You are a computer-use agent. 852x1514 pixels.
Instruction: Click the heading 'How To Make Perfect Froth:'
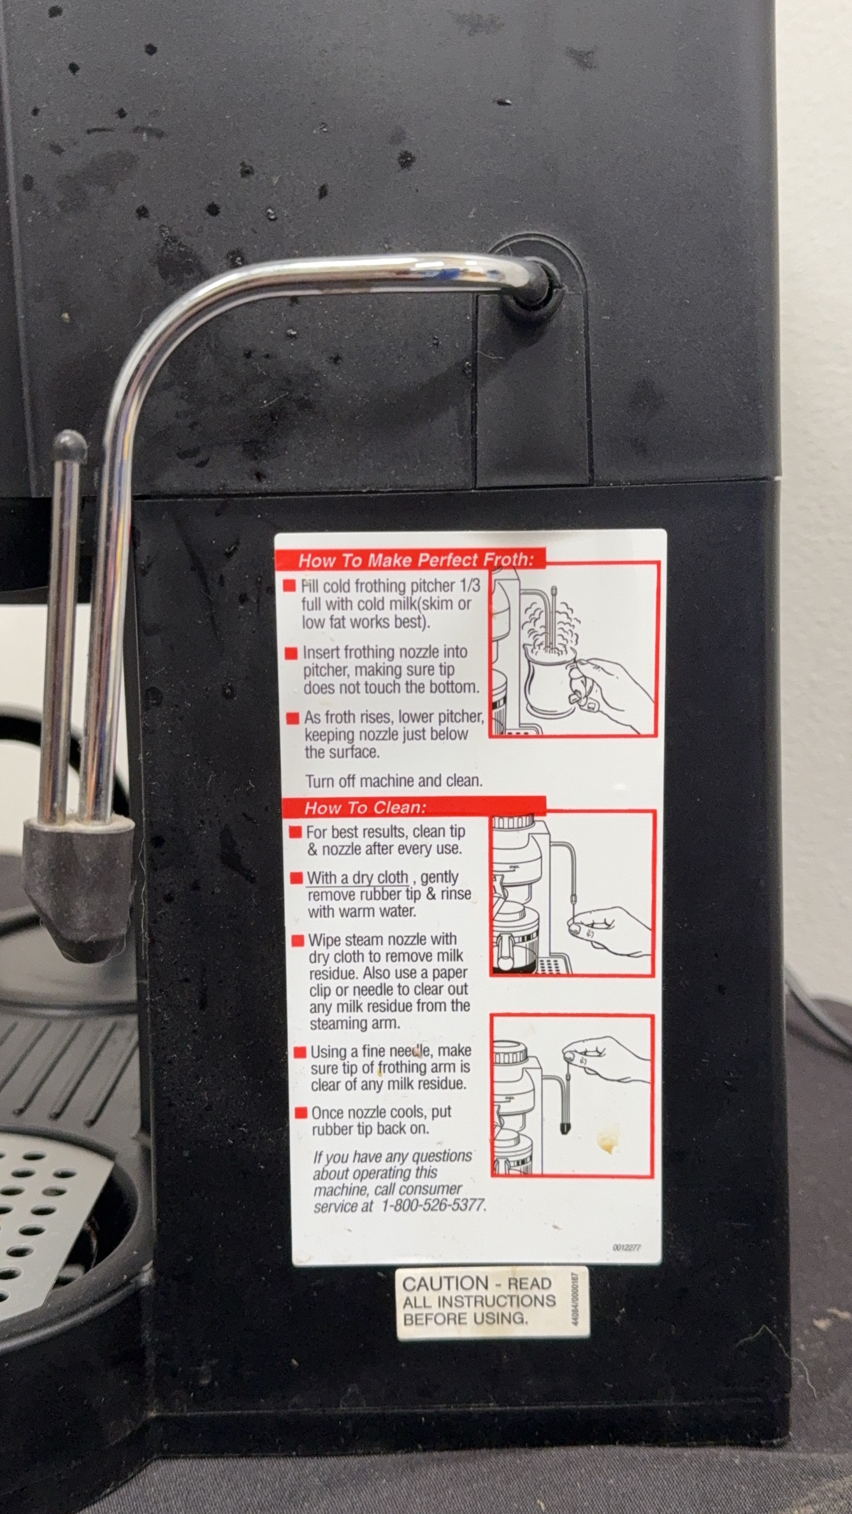click(414, 560)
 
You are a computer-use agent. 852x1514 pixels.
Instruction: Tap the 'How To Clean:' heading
click(365, 808)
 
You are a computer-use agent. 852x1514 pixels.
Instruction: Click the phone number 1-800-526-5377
click(433, 1205)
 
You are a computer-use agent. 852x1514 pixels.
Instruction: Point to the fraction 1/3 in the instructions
click(468, 586)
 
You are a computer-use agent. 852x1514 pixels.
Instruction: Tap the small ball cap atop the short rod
click(70, 446)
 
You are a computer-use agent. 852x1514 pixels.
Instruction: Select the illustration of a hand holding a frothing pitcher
click(573, 649)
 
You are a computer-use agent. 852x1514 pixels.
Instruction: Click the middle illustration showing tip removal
click(572, 893)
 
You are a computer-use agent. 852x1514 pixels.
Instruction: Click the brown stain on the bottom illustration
click(607, 1145)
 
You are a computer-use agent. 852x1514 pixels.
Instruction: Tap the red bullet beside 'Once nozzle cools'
click(301, 1113)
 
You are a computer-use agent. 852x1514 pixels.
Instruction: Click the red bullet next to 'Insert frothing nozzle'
click(291, 653)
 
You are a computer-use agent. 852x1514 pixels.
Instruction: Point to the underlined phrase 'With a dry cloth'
click(357, 878)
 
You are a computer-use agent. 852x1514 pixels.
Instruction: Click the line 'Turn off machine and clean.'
click(394, 781)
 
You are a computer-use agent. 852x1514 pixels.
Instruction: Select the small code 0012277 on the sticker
click(627, 1248)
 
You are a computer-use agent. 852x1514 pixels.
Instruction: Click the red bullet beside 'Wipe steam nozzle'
click(298, 941)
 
